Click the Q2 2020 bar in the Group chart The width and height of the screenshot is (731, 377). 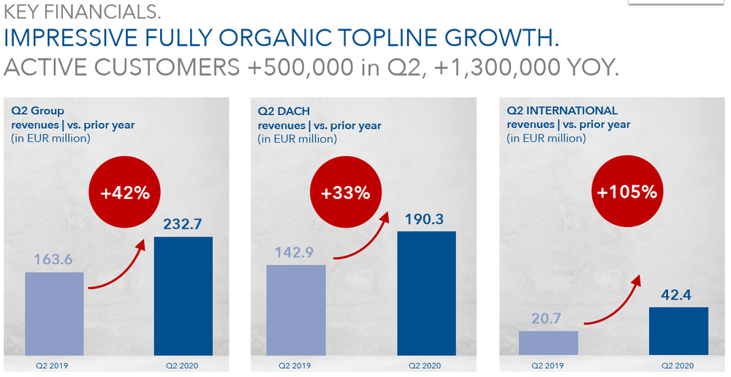tap(183, 296)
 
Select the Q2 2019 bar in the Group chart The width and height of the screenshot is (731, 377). tap(54, 314)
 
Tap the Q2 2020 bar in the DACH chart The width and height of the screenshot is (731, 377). tap(427, 294)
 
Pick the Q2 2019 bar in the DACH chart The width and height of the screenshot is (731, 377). tap(296, 310)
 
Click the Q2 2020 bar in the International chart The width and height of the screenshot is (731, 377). tap(678, 332)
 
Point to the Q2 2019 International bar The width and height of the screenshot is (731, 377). tap(548, 343)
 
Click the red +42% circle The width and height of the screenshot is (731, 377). tap(125, 193)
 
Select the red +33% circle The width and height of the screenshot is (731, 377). tap(346, 192)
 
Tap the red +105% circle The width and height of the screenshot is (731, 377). tap(627, 191)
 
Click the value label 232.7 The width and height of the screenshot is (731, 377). tap(183, 224)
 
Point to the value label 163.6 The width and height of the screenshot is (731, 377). tap(53, 259)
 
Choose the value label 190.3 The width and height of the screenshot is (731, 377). tap(424, 219)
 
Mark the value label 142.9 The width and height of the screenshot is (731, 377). tap(294, 253)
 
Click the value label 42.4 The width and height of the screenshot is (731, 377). tap(676, 295)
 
